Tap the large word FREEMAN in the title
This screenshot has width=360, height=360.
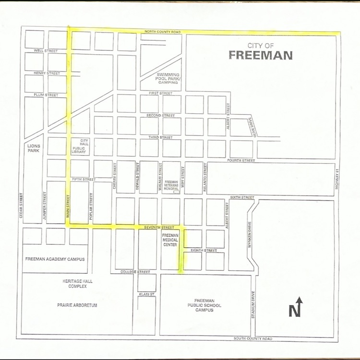260,55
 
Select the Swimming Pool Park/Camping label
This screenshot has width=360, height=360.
168,79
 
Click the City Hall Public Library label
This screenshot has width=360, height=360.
84,145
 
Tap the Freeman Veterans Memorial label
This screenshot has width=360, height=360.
171,185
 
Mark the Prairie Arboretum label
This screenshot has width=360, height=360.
77,305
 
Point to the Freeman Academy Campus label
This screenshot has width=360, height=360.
54,259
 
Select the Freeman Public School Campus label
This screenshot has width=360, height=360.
204,305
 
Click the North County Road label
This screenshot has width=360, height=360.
163,32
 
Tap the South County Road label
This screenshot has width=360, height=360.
252,339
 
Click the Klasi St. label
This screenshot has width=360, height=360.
146,294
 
